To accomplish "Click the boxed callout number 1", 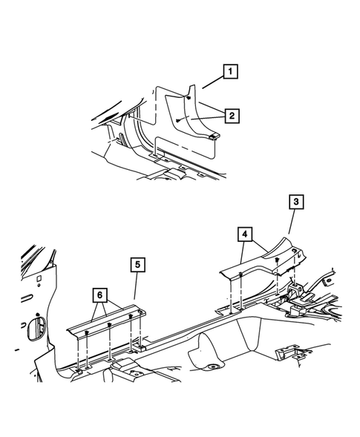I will pos(232,73).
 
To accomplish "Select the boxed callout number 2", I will pos(232,116).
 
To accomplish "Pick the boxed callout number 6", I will pos(98,295).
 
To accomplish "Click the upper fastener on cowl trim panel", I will pos(189,98).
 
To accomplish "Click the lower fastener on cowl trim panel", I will pos(182,120).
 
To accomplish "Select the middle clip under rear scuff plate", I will pos(110,324).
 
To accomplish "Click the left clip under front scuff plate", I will pos(241,275).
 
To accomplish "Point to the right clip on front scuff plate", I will pos(276,260).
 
